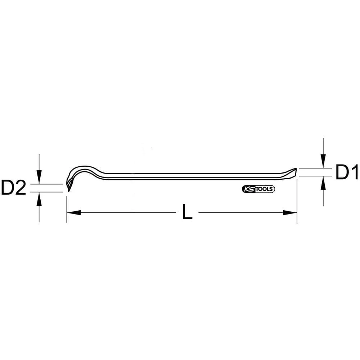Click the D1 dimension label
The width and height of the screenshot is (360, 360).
click(x=346, y=172)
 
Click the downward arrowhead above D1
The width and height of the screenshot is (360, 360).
click(x=324, y=162)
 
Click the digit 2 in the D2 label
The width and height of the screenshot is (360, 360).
click(x=21, y=188)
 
